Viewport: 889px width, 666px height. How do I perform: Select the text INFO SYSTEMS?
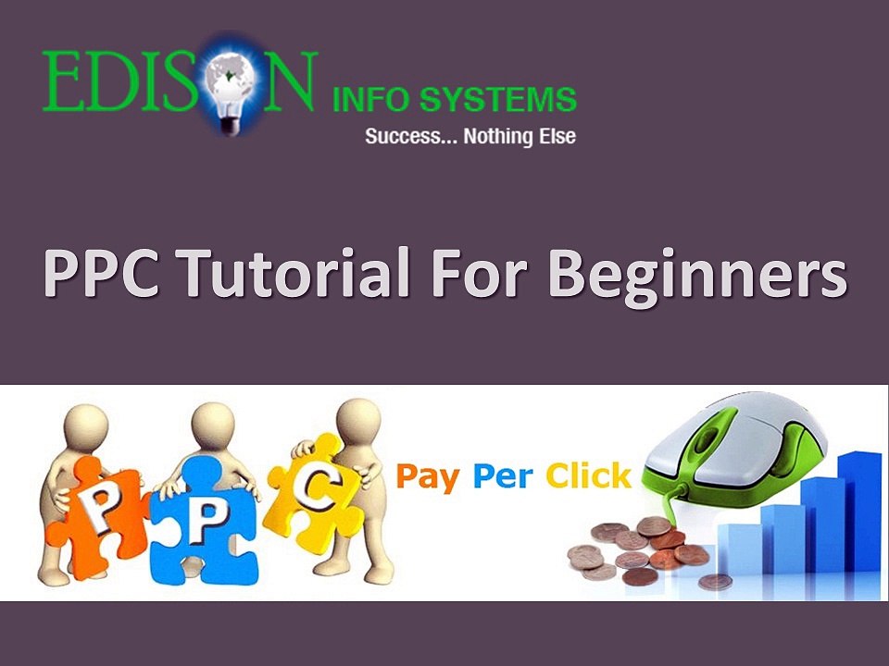(454, 99)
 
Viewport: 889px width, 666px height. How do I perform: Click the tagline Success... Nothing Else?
(470, 137)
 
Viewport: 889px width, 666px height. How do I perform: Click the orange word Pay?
(429, 477)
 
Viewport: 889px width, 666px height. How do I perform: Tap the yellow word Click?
(588, 477)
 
